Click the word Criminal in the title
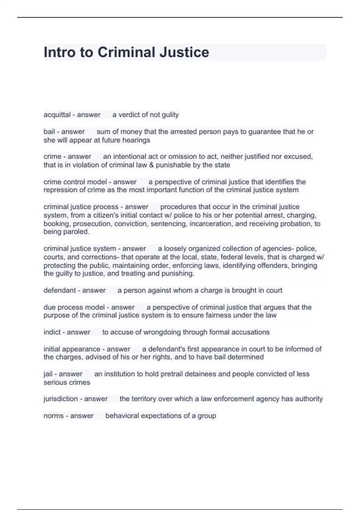click(126, 52)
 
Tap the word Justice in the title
click(184, 52)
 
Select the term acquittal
click(57, 115)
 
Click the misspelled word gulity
click(170, 115)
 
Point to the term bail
click(49, 131)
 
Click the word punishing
click(178, 274)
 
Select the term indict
click(52, 332)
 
